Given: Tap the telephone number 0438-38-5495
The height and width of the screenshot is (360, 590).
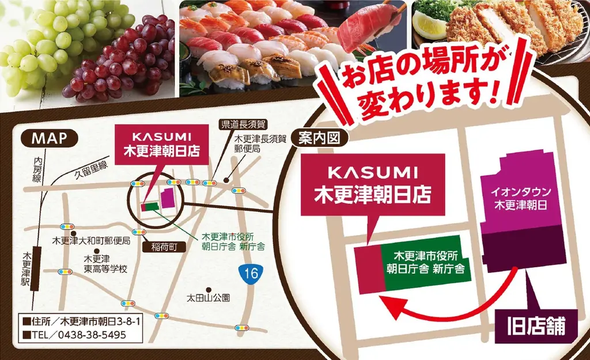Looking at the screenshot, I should [x=93, y=334].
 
